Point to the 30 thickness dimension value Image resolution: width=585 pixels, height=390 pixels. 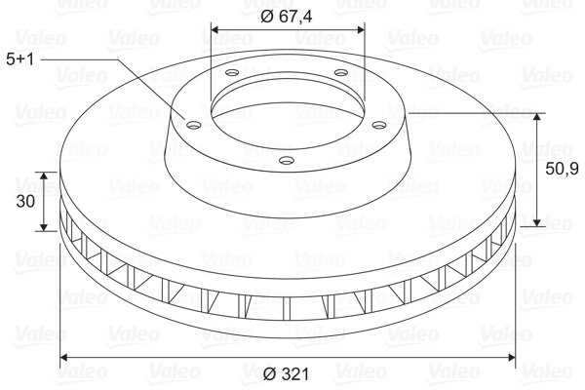point(26,202)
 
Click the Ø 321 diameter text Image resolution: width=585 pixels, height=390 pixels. point(287,372)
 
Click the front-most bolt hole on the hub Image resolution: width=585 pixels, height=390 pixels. point(286,160)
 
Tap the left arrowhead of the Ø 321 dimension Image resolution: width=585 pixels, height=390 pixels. point(64,358)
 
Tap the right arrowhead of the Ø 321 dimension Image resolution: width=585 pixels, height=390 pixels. point(512,358)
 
